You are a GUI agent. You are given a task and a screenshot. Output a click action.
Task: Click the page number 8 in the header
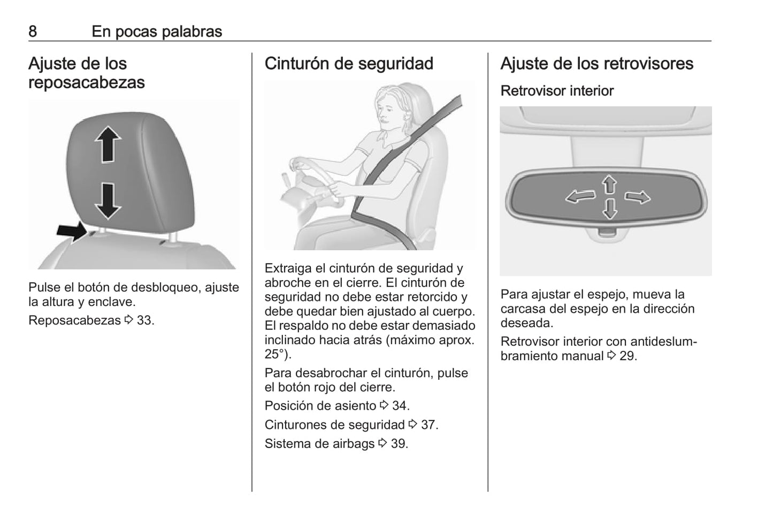pos(33,32)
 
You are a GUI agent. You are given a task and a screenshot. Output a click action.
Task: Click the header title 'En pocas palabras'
pos(157,32)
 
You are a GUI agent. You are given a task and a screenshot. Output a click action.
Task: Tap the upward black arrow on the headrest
pos(108,144)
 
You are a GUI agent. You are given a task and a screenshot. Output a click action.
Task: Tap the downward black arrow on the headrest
pos(108,202)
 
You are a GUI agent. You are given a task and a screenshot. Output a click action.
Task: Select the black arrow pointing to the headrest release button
pos(72,232)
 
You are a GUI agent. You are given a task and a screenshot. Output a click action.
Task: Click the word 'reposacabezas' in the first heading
pos(87,83)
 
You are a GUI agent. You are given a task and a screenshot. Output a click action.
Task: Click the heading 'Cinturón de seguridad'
pos(349,64)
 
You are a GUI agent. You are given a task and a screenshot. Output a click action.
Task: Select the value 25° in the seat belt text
pos(275,354)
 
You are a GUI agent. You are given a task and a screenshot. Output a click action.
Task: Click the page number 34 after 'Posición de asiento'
pos(399,406)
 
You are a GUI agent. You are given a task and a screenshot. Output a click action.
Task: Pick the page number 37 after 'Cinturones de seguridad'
pos(428,425)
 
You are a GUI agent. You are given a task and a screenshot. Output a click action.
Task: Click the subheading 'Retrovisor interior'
pos(557,91)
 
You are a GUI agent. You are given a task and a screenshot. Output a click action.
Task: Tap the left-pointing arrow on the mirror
pos(580,197)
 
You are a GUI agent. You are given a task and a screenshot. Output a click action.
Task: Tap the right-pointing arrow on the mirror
pos(638,197)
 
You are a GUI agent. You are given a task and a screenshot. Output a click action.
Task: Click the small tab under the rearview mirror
pos(607,233)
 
